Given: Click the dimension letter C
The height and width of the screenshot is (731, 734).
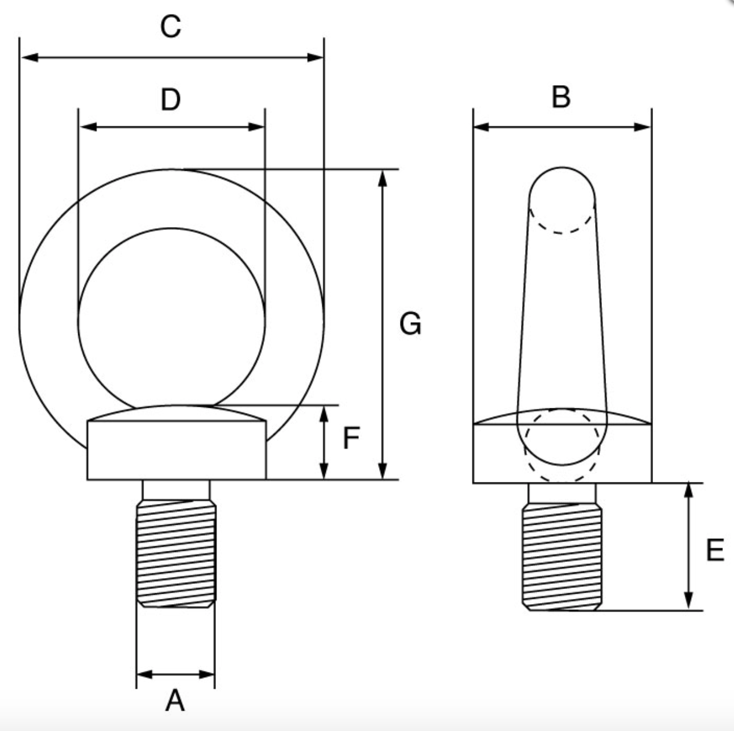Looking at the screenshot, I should (x=171, y=27).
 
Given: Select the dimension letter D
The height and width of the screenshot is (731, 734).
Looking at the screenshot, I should (x=171, y=100).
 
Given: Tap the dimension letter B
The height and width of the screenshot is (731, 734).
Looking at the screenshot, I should (x=561, y=97).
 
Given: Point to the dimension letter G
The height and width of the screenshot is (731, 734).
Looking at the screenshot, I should (x=410, y=324).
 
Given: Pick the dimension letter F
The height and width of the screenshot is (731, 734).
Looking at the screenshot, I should (x=351, y=438).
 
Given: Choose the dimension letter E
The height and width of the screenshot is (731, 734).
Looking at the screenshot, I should (x=715, y=550).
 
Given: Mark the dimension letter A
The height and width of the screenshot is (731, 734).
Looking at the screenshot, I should (x=175, y=701).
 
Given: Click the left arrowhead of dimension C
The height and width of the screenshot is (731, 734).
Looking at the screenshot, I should (x=29, y=57).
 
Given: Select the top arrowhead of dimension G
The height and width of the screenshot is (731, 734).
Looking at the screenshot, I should (x=382, y=178).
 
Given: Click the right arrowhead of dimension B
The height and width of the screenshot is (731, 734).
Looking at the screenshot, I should (x=642, y=127).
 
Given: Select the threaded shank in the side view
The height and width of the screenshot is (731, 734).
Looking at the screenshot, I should (x=562, y=556).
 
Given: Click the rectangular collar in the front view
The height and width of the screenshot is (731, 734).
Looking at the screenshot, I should (x=177, y=451).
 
